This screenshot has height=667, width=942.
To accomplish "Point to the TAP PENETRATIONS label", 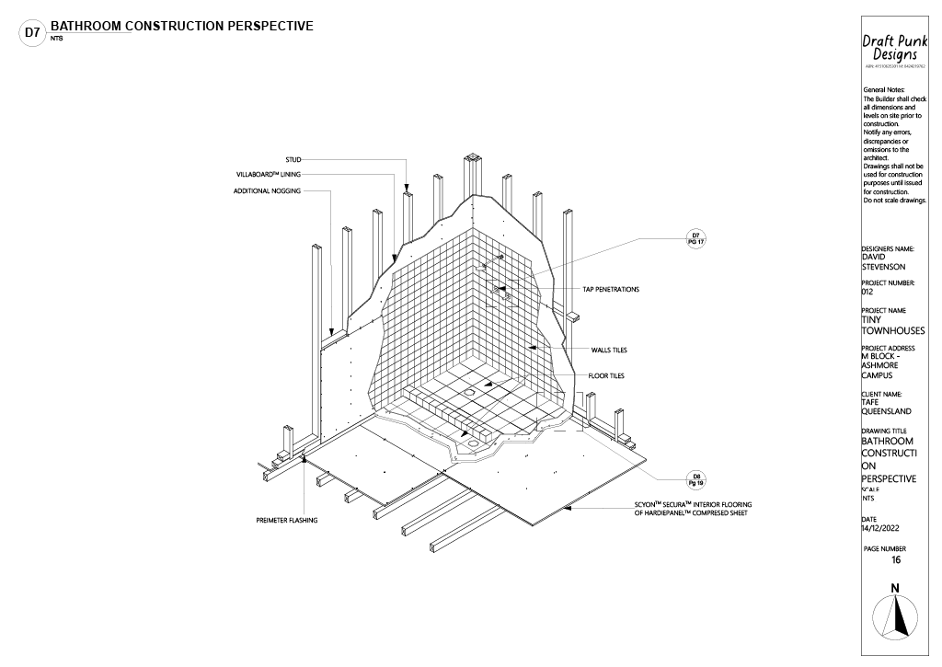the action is pyautogui.click(x=610, y=290).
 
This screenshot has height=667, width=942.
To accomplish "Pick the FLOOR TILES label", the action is pyautogui.click(x=606, y=375).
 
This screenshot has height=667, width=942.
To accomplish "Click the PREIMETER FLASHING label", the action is pyautogui.click(x=286, y=521).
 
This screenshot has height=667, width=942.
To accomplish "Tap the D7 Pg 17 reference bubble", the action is pyautogui.click(x=696, y=238).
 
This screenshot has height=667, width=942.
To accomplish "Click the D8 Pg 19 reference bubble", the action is pyautogui.click(x=695, y=479).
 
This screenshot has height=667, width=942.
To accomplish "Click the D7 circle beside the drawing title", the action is pyautogui.click(x=32, y=33).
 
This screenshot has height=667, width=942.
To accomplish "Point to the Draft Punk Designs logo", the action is pyautogui.click(x=893, y=48).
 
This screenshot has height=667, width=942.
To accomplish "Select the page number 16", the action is pyautogui.click(x=896, y=559).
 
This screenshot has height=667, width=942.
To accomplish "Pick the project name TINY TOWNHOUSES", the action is pyautogui.click(x=893, y=325).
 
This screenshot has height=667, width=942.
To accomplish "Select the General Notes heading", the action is pyautogui.click(x=885, y=89).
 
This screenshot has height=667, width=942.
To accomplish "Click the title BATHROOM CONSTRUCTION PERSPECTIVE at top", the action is pyautogui.click(x=182, y=25).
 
